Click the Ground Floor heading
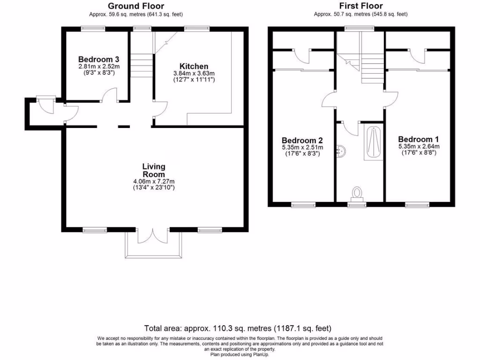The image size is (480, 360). coord(129,6)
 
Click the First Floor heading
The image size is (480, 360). coord(360,6)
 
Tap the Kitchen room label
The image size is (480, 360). coord(194,67)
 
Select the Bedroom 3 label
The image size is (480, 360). coord(98,60)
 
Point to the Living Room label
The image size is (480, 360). coord(154,170)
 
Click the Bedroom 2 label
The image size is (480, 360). coord(302,140)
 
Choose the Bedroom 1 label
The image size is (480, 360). coord(419,139)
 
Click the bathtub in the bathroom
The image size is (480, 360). coord(374,142)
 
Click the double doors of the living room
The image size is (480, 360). coord(154,236)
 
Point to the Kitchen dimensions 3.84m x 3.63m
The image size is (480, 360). coord(194,74)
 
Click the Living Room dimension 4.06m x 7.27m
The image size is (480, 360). coord(154,181)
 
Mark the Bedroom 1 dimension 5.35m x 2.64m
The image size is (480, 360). coord(419,146)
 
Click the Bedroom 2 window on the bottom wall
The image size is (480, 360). coord(303,204)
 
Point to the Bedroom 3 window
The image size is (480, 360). coord(93,29)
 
